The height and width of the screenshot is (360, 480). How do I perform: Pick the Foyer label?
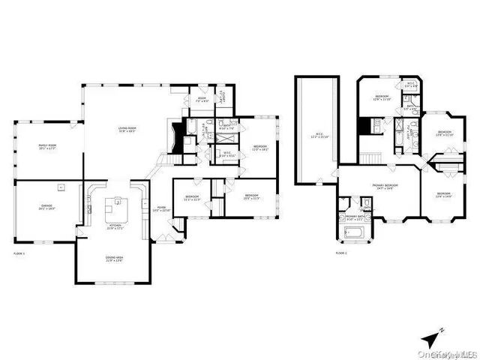[x=161, y=209]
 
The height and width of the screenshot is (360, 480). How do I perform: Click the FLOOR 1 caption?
[x=19, y=255]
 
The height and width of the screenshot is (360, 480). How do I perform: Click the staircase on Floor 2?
[x=370, y=160]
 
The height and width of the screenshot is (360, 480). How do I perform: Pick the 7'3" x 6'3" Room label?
[x=202, y=99]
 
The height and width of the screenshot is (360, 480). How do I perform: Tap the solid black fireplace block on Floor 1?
[x=176, y=136]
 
